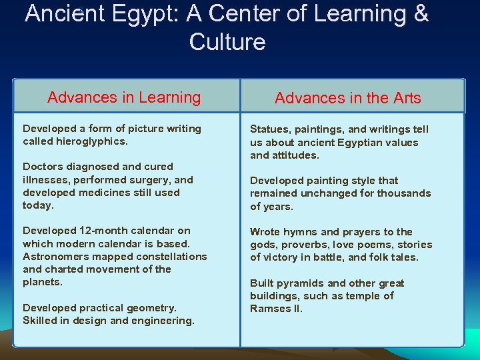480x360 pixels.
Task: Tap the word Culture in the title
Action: pos(227,42)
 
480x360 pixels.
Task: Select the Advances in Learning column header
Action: pos(124,97)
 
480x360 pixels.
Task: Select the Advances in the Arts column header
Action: pos(347,98)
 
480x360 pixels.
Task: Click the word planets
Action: pos(42,282)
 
